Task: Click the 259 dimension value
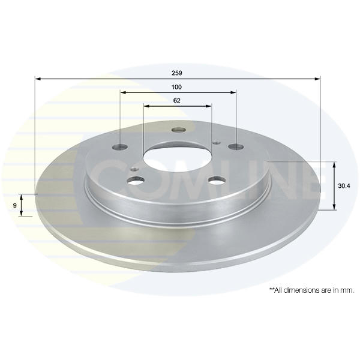point(177,73)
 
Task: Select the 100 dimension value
point(176,87)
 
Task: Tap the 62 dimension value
point(177,101)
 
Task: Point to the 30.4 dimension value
point(344,186)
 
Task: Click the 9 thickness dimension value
point(14,205)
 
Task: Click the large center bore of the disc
point(177,158)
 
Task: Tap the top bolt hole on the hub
point(179,130)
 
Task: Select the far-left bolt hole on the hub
point(121,147)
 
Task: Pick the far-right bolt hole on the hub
point(236,146)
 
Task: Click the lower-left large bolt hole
point(136,181)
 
